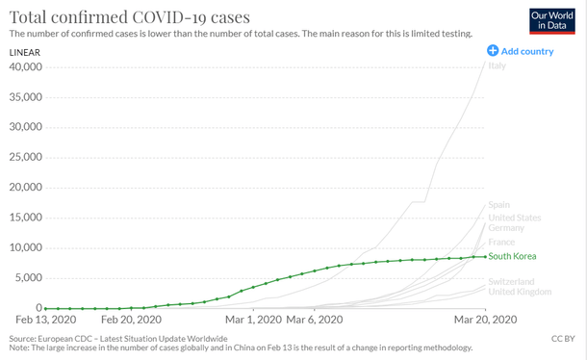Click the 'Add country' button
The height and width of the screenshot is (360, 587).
521,51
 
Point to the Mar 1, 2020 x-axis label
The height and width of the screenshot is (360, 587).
253,320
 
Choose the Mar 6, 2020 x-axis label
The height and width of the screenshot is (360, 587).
315,320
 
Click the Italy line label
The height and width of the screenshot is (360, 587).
498,65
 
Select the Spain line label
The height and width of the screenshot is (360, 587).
499,204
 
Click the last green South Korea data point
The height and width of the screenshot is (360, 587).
483,256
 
